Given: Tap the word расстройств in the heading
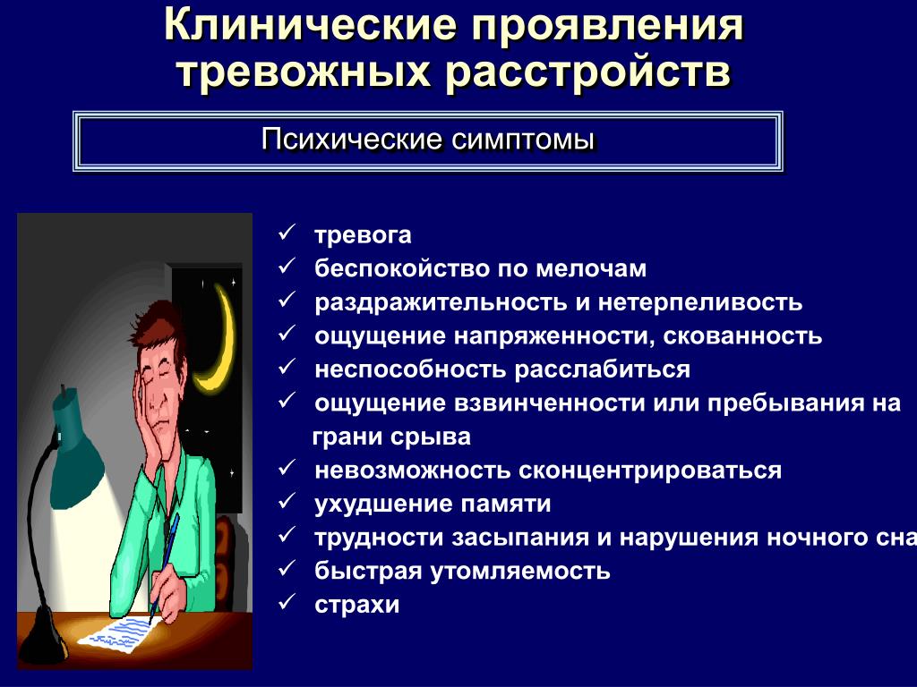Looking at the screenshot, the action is pyautogui.click(x=588, y=73).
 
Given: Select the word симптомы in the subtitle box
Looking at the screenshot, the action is pyautogui.click(x=523, y=140).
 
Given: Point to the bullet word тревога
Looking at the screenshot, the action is pyautogui.click(x=363, y=235).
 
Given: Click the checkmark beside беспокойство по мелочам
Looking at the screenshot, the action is pyautogui.click(x=287, y=267).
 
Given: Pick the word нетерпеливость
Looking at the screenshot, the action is pyautogui.click(x=700, y=302).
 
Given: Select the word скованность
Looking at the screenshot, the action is pyautogui.click(x=742, y=336).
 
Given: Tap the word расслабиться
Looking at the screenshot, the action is pyautogui.click(x=602, y=369).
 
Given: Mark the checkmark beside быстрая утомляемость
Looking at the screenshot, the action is pyautogui.click(x=287, y=568).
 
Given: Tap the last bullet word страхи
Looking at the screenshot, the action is pyautogui.click(x=356, y=605).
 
